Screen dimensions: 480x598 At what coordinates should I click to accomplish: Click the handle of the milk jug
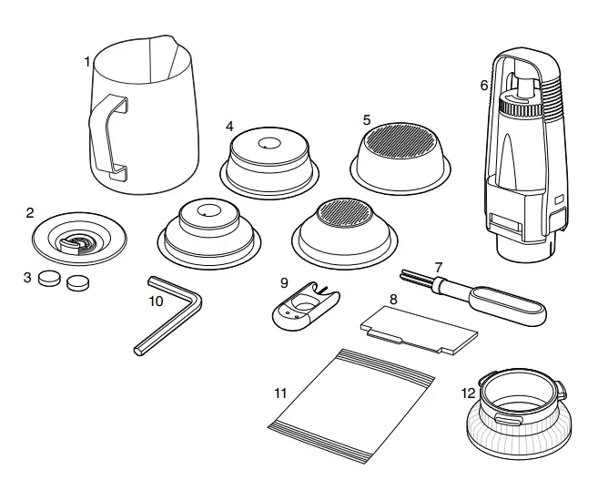coord(103,136)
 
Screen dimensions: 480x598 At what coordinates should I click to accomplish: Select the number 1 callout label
coord(87,61)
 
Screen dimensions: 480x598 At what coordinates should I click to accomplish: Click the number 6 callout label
coord(484,86)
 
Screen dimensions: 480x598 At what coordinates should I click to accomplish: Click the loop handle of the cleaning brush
coord(514,306)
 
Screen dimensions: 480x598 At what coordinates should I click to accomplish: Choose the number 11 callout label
coord(280,393)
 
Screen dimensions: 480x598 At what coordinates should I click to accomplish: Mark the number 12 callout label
coord(469,393)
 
